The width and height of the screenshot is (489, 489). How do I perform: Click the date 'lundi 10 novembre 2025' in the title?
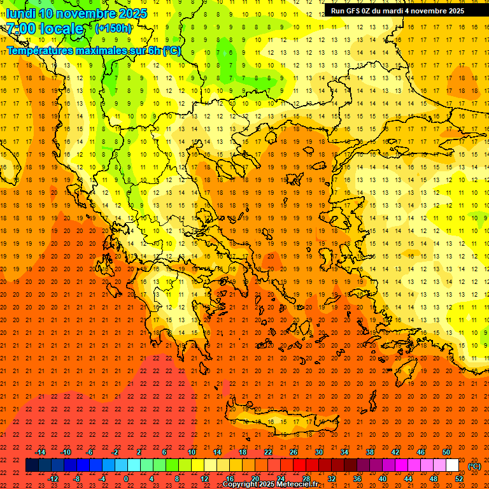pos(76,13)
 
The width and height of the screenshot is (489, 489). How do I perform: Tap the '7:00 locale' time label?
pos(45,29)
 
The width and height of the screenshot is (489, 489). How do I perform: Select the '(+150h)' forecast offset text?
pos(113,29)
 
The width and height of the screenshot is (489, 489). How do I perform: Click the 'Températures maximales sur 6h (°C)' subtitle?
pos(94,50)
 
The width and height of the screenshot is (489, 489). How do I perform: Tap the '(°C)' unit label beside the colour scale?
pos(474,466)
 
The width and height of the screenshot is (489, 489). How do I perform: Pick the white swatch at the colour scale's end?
pos(453,465)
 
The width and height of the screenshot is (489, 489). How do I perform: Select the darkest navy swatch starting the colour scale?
pos(32,465)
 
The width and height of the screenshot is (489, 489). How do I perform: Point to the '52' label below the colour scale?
pos(459,479)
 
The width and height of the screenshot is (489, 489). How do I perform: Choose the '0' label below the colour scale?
pos(126,479)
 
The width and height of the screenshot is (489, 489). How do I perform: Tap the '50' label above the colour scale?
pos(446,452)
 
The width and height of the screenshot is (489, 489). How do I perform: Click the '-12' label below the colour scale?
pos(53,479)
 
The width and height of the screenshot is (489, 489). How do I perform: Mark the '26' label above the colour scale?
pos(294,452)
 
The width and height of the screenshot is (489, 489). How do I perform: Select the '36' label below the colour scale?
pos(357,479)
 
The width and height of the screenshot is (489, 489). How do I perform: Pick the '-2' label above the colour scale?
pos(115,452)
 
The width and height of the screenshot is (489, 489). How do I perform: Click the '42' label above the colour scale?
pos(395,452)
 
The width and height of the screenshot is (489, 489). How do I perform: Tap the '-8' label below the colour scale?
pos(77,479)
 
